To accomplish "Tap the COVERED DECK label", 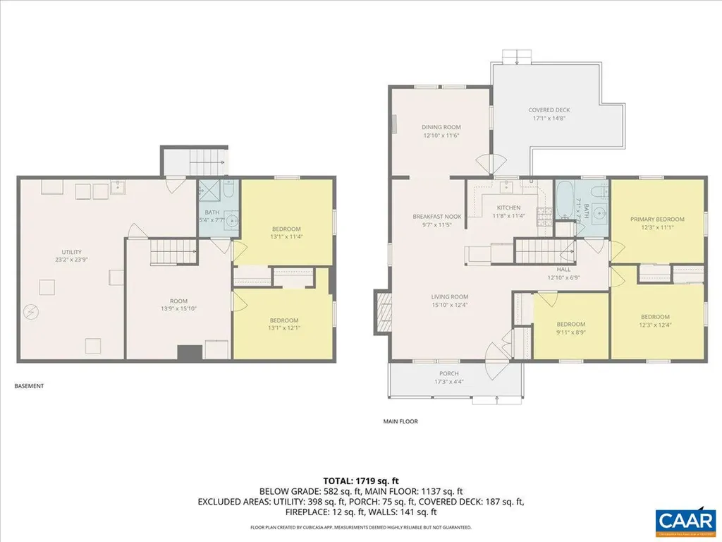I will click(x=549, y=110).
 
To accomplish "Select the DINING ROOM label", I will click(x=441, y=127).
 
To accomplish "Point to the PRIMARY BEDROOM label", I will click(x=657, y=219).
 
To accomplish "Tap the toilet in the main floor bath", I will click(x=597, y=191).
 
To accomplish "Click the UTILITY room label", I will click(x=71, y=252).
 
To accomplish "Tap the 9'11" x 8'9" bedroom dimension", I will click(x=571, y=332).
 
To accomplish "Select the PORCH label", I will click(x=448, y=373).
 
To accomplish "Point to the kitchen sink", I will click(x=506, y=188).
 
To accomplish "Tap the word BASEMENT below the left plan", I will click(x=29, y=386).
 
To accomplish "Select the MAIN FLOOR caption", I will click(x=400, y=421).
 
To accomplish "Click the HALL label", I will click(x=563, y=269).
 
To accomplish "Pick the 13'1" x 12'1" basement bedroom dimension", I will click(x=284, y=328).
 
